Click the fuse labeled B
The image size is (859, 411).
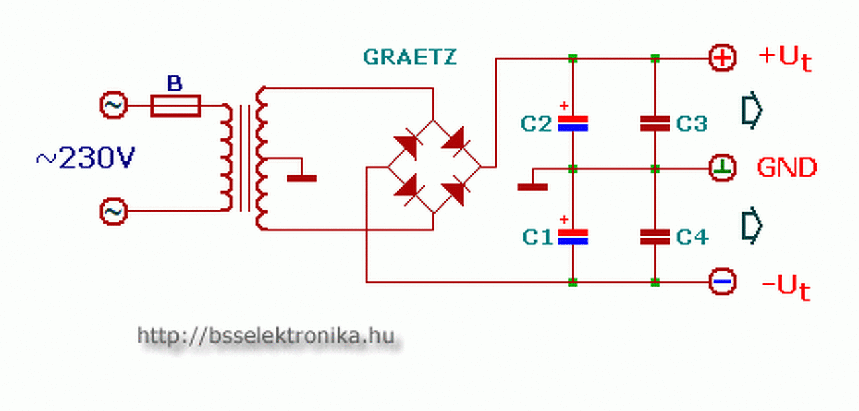175,105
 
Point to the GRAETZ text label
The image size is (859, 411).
409,57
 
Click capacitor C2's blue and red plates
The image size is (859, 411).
573,123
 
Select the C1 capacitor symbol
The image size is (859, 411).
573,236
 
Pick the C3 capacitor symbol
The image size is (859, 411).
655,123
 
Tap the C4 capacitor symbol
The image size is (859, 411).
655,236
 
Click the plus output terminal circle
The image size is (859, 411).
723,58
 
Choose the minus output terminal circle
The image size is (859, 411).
723,282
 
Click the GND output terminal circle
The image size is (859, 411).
723,168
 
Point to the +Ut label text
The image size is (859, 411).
785,58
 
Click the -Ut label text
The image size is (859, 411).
786,287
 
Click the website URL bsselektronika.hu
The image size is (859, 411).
266,335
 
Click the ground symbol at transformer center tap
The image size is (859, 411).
301,178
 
